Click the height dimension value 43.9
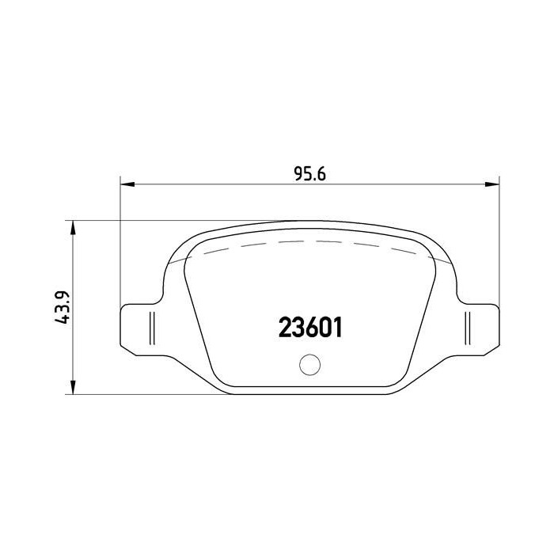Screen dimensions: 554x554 (x=66, y=308)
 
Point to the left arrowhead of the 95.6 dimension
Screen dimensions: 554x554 (x=126, y=184)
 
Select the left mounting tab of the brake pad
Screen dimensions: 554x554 (x=139, y=325)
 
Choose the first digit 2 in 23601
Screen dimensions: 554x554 (x=283, y=327)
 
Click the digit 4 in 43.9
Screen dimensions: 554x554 (x=66, y=321)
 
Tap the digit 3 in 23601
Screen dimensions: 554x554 (x=296, y=327)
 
